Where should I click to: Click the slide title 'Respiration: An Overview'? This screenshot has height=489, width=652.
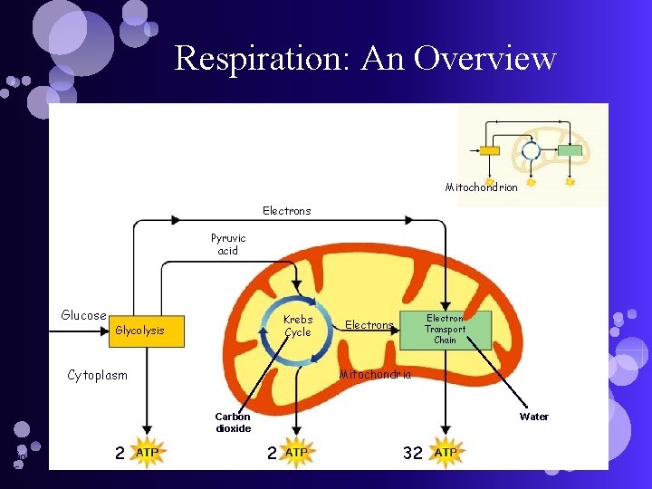(365, 58)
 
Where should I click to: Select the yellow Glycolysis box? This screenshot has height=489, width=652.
(146, 331)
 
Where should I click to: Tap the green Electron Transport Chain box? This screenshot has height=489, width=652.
(445, 330)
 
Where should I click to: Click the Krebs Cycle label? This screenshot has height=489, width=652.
(297, 326)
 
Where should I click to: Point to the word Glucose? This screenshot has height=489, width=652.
(83, 315)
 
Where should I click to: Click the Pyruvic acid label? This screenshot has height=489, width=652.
(228, 244)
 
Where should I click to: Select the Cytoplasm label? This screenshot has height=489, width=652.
(98, 375)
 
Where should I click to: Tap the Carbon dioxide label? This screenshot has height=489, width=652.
(233, 423)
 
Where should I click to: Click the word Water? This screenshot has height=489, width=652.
(533, 417)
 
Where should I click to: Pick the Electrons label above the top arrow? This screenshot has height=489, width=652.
(286, 211)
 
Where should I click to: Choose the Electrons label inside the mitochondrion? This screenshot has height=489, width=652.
(369, 325)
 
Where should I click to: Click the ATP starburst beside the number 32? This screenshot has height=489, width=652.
(446, 452)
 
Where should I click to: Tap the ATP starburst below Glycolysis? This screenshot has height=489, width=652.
(146, 452)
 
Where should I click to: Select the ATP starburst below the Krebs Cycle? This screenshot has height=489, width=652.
(296, 452)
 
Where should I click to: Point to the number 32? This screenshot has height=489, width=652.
(412, 453)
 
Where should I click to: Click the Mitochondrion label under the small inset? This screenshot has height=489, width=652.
(481, 187)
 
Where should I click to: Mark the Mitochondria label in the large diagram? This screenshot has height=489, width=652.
(374, 375)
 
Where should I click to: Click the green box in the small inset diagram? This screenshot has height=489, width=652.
(569, 150)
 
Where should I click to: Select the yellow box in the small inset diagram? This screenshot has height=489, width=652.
(489, 150)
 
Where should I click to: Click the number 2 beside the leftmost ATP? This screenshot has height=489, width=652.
(120, 453)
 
